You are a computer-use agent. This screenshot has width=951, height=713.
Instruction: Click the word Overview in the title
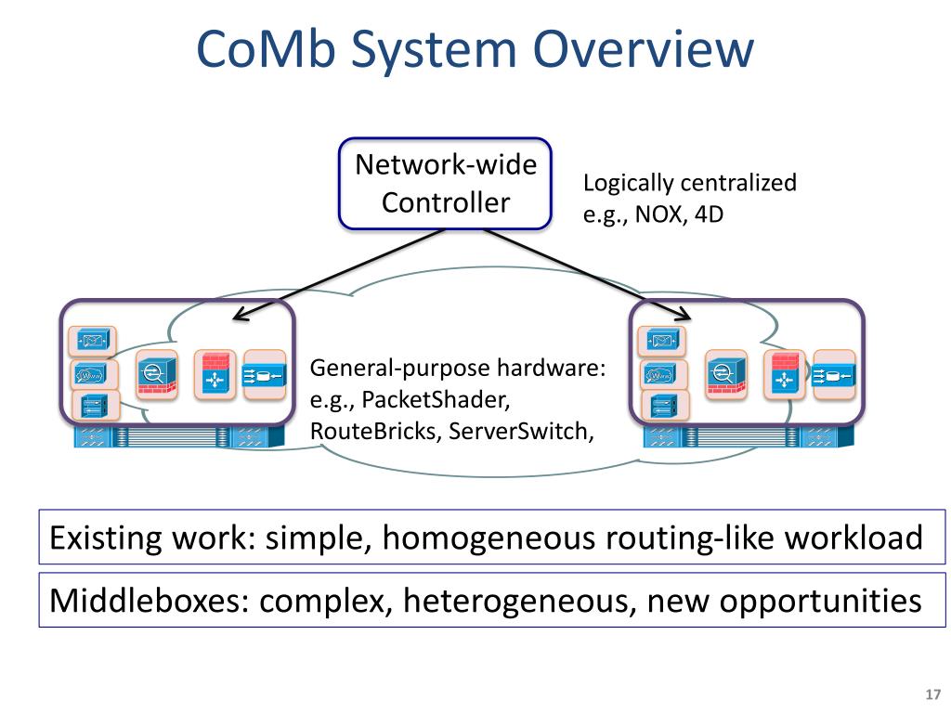click(644, 49)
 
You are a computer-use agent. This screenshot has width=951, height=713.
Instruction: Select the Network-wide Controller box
click(445, 184)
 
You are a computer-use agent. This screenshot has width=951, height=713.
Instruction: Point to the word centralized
click(739, 183)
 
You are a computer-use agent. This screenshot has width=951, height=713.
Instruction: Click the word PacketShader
click(436, 399)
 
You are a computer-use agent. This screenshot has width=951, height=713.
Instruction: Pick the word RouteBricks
click(374, 431)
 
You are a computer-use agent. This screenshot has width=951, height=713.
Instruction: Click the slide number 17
click(932, 694)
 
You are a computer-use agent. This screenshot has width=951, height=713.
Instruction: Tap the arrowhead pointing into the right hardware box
click(683, 314)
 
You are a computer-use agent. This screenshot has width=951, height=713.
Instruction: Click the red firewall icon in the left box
click(215, 375)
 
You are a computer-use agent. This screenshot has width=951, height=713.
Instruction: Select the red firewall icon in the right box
click(785, 375)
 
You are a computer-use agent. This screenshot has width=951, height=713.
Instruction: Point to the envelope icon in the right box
click(662, 341)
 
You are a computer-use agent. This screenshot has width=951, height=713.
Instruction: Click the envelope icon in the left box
click(92, 341)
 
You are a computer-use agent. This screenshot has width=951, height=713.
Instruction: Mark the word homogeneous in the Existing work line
click(489, 538)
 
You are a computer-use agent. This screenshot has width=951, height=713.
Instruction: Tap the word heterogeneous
click(519, 602)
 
